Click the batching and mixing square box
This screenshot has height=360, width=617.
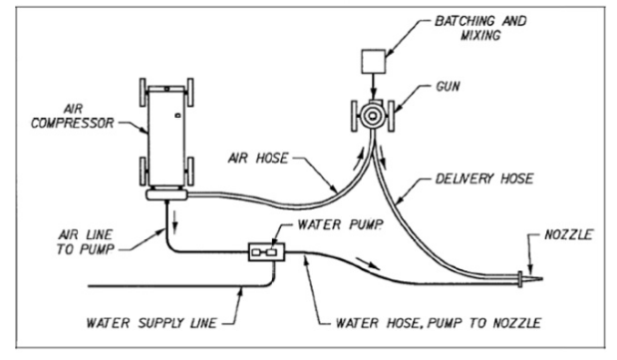[x=374, y=61]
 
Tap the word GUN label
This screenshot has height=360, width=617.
[x=448, y=86]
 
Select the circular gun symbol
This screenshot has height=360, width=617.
[x=372, y=116]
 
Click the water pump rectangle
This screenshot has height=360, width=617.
[x=266, y=251]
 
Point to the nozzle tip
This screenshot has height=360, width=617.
[x=542, y=279]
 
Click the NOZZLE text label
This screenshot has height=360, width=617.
[x=568, y=234]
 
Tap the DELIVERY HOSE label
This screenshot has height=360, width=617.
[x=484, y=179]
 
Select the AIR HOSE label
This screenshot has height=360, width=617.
[x=258, y=158]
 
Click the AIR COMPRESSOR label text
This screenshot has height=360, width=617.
[x=73, y=116]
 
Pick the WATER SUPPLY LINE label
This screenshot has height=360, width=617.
[x=152, y=323]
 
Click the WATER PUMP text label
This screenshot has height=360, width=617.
[x=340, y=224]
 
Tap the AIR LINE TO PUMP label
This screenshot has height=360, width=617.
[x=86, y=242]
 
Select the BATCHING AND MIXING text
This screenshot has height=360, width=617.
[x=480, y=28]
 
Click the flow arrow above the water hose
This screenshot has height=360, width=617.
[x=368, y=263]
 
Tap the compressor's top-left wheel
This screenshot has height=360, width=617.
[x=143, y=92]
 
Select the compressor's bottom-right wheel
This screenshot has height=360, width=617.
[x=190, y=171]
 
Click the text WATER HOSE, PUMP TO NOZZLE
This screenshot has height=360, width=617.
[x=439, y=323]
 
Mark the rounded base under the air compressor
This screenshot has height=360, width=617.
[x=166, y=194]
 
